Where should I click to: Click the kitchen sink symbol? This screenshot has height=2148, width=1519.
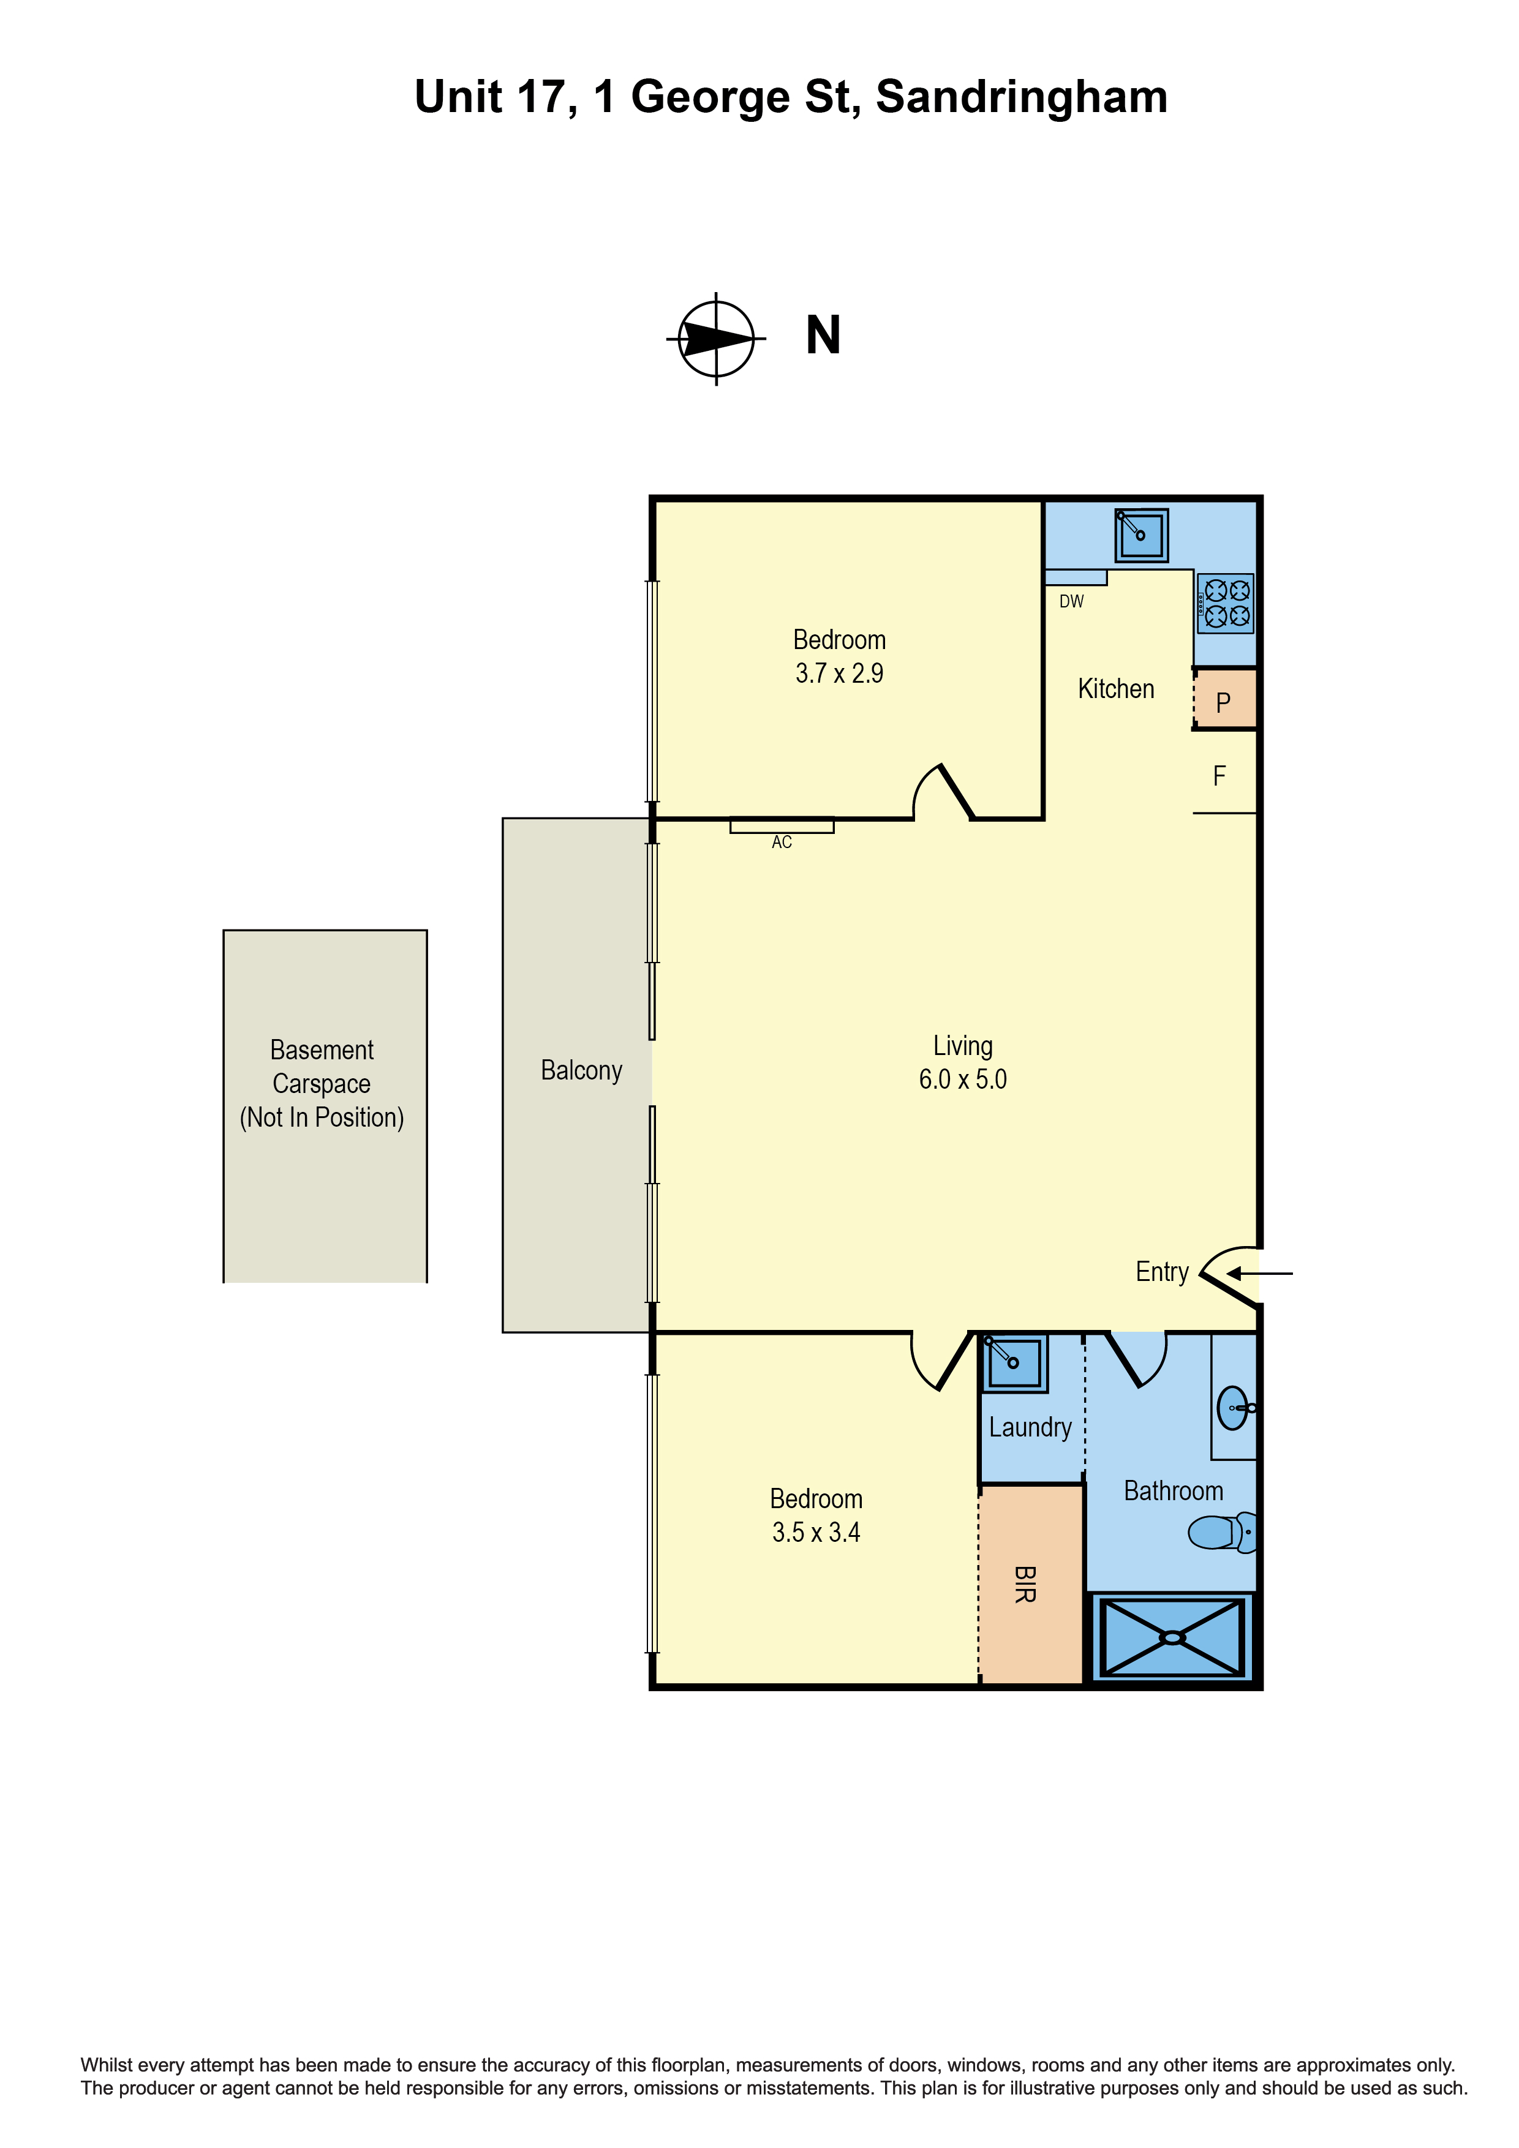[x=1141, y=535]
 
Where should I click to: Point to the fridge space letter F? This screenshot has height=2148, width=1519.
[x=1219, y=776]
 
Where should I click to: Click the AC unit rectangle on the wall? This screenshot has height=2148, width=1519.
[x=782, y=826]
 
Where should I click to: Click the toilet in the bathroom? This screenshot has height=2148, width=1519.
[x=1221, y=1533]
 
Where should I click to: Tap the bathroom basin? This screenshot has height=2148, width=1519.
[x=1234, y=1407]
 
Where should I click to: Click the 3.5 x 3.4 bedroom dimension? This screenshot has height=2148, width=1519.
[x=815, y=1533]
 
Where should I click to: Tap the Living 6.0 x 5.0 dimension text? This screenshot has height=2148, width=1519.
[x=962, y=1079]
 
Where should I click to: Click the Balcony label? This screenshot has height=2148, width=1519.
[x=581, y=1070]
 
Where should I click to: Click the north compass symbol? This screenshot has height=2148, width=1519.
[x=716, y=338]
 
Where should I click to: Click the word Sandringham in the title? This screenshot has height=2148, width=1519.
[x=1021, y=97]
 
